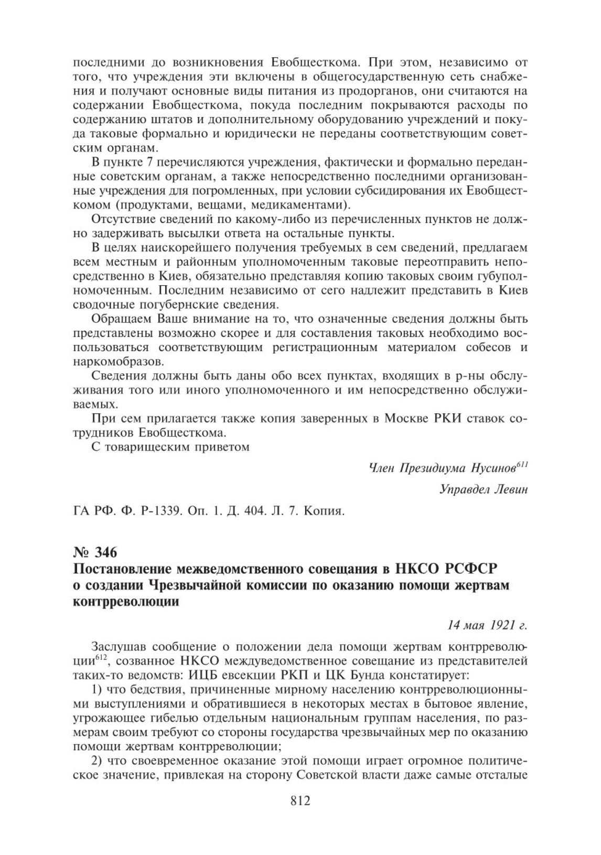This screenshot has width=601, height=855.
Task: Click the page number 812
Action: click(x=300, y=816)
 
